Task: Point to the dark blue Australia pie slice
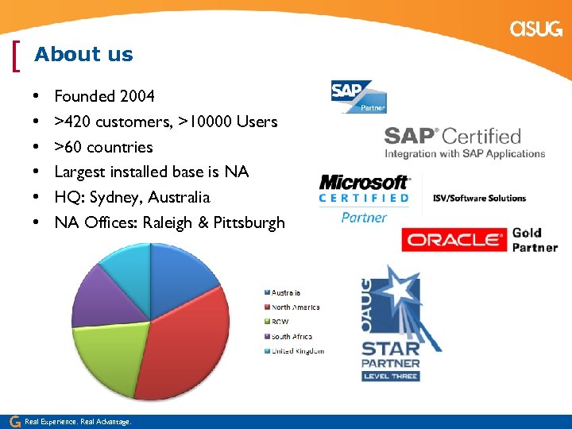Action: coord(183,270)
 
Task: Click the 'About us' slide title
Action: coord(83,55)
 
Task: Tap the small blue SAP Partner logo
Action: coord(358,96)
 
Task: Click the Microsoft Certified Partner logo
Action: coord(364,198)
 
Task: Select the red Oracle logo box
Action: coord(454,239)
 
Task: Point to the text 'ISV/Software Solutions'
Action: coord(479,198)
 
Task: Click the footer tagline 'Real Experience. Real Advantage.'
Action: coord(78,422)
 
